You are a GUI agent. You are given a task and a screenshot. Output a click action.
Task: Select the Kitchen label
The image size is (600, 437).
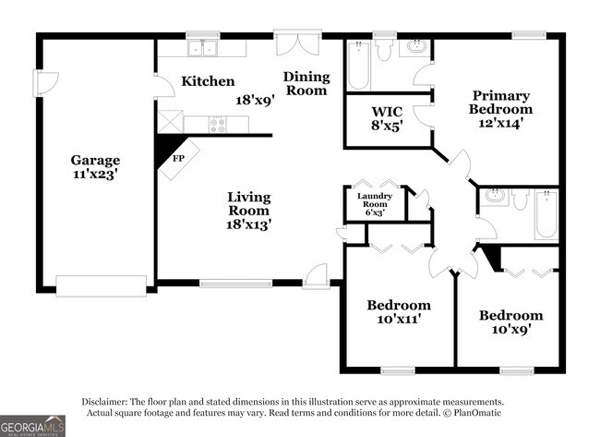pos(207,81)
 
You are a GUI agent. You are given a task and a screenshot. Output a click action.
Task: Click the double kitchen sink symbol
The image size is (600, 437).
pos(200,48)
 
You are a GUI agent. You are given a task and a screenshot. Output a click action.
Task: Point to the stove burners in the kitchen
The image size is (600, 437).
pos(219,124)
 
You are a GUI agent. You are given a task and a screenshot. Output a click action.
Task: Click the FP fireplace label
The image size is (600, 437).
pos(178,158)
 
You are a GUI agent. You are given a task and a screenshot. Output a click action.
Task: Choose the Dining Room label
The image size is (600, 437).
pos(305,83)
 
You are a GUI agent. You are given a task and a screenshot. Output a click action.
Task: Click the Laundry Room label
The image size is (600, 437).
pos(375,200)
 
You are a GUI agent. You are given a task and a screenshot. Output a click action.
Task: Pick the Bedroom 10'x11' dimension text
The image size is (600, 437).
pos(399,320)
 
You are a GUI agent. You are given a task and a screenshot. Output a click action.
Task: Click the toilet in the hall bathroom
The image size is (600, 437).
pos(520,199)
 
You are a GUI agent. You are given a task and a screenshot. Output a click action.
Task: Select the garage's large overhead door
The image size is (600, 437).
pos(101,286)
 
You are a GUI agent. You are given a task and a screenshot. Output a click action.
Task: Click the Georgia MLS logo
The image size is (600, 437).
pos(32,425)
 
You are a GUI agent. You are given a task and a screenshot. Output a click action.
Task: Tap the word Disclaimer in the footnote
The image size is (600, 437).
pos(108,402)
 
